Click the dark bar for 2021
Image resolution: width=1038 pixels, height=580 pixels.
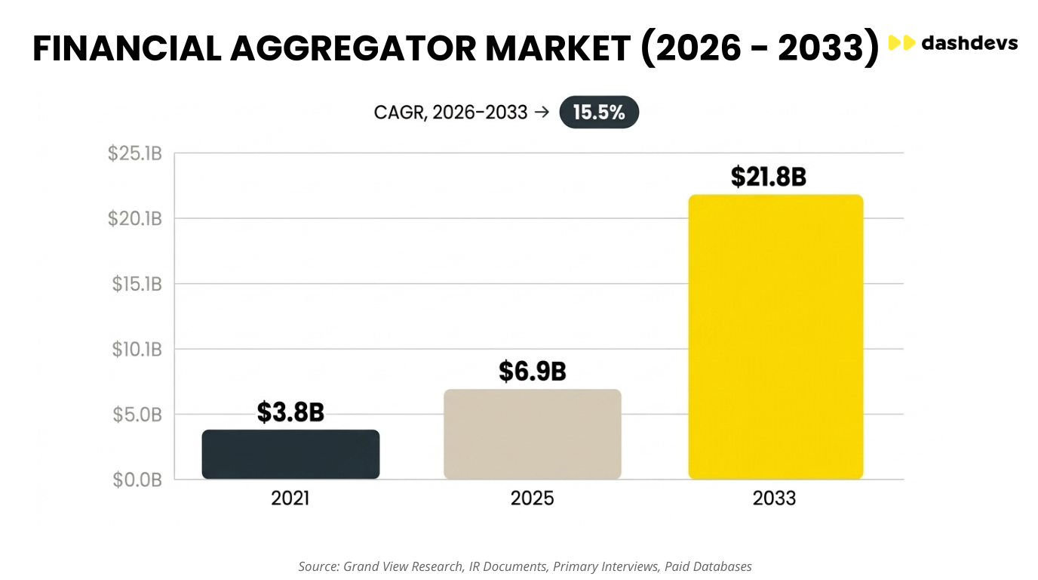pos(290,454)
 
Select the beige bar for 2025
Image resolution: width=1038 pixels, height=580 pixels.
pos(533,433)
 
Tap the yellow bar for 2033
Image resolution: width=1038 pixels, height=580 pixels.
pos(775,337)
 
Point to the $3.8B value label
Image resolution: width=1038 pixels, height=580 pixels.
pos(290,412)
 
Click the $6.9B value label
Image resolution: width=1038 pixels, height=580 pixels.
pos(533,372)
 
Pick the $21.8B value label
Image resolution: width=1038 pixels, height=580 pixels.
pos(769,177)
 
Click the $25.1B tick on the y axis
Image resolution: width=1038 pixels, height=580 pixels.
pos(135,153)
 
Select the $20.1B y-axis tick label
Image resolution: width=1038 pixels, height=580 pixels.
pos(135,218)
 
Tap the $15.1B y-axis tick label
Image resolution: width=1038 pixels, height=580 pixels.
pos(137,284)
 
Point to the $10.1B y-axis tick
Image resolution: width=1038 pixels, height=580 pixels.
pos(137,350)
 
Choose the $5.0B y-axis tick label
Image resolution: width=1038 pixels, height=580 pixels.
pos(137,415)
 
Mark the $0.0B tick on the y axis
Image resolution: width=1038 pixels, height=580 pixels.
pos(137,480)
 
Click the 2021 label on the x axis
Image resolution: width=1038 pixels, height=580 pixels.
pos(290,498)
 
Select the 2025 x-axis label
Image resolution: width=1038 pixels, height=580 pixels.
pos(532,498)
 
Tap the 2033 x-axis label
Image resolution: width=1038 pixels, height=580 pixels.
pos(774,498)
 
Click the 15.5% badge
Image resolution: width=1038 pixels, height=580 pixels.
pos(599,113)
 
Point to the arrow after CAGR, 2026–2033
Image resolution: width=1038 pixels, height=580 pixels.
pos(542,113)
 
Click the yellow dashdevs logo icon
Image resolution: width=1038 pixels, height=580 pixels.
pos(901,43)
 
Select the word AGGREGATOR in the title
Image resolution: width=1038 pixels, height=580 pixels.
pos(353,48)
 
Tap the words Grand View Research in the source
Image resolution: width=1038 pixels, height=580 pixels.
pos(403,566)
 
